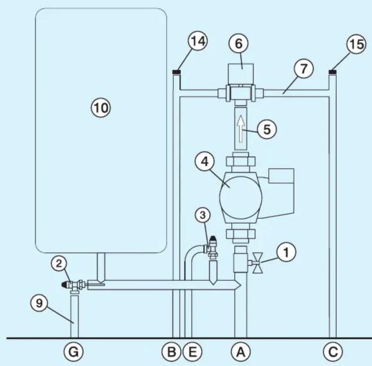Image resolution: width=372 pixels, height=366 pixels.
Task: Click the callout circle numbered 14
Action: [197, 42]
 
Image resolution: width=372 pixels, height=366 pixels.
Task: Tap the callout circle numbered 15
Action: [356, 44]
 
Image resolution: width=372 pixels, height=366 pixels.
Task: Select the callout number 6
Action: [239, 44]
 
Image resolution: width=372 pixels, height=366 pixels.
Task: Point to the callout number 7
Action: [303, 69]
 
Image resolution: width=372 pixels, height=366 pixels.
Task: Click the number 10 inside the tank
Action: [101, 108]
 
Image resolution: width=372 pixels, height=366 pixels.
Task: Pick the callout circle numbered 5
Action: [267, 129]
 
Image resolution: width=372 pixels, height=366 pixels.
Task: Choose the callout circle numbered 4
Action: [204, 162]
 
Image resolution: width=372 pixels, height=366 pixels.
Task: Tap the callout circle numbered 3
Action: [202, 215]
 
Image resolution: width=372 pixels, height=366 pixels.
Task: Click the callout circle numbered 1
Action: [286, 253]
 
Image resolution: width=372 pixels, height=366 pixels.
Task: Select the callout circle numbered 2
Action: [59, 264]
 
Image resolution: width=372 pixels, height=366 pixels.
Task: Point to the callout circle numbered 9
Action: [39, 303]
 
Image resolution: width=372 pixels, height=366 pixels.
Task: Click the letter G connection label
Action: [73, 351]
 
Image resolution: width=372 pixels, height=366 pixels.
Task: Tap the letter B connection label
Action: [171, 351]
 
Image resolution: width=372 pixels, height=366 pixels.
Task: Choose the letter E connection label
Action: [193, 351]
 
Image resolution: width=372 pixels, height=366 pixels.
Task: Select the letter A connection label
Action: [241, 351]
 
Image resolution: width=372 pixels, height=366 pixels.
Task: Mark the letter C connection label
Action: [333, 351]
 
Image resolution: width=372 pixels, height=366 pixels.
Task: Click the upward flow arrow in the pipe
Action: [241, 129]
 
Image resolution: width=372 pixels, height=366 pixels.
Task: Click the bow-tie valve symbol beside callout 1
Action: [258, 263]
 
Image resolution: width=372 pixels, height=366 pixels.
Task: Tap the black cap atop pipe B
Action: [177, 72]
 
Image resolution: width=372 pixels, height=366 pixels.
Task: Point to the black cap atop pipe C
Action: [333, 72]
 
